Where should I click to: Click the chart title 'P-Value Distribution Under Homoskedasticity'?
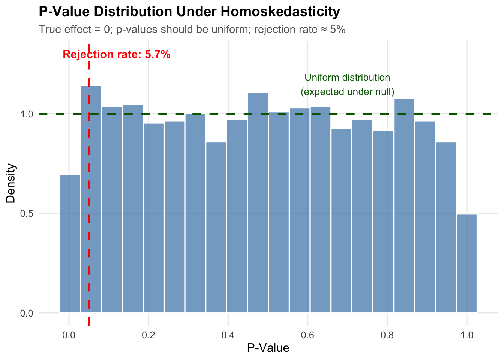(189, 12)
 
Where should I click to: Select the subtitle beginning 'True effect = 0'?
(192, 30)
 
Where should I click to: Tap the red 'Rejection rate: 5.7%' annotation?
(117, 55)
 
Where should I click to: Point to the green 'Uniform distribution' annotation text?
(347, 78)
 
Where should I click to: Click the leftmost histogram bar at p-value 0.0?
(70, 244)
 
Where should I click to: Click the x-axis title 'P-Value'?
(268, 348)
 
